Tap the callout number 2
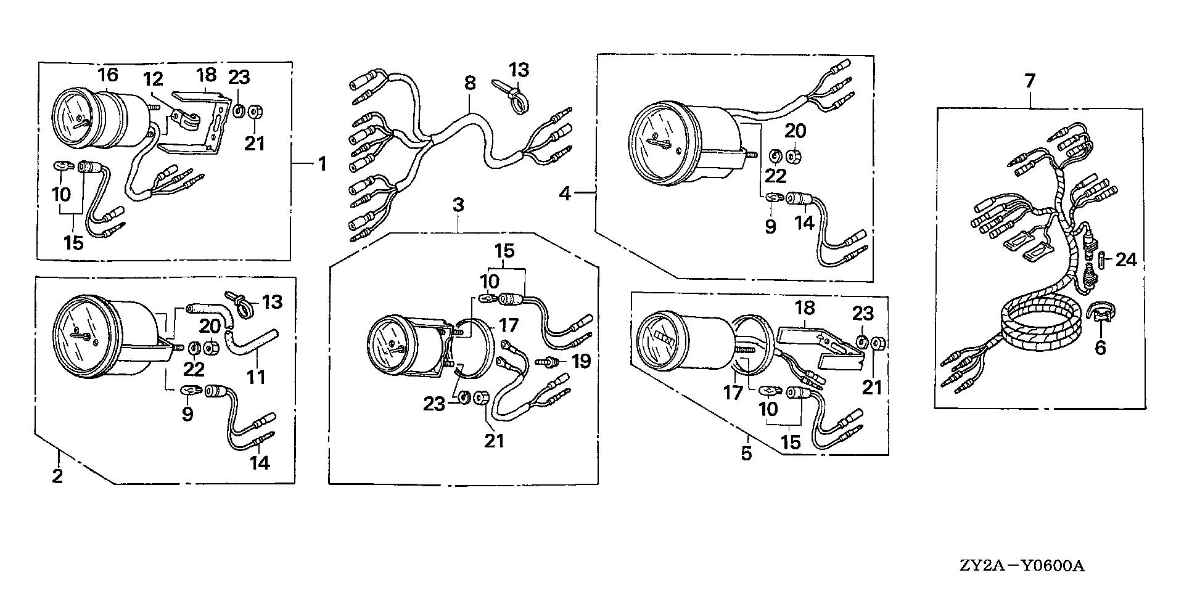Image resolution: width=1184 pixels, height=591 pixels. [x=57, y=476]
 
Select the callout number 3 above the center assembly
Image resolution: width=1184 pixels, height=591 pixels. [x=458, y=205]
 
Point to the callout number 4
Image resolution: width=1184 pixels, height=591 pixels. [x=565, y=194]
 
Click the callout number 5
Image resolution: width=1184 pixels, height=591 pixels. [x=747, y=454]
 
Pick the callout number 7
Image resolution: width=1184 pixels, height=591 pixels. [x=1031, y=81]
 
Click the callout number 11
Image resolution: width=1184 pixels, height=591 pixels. [x=255, y=376]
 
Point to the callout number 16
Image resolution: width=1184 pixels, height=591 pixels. [x=107, y=75]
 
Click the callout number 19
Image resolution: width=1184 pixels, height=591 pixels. [x=580, y=361]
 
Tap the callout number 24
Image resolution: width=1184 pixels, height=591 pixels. [x=1125, y=259]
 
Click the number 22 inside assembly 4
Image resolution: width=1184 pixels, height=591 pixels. [x=775, y=176]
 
